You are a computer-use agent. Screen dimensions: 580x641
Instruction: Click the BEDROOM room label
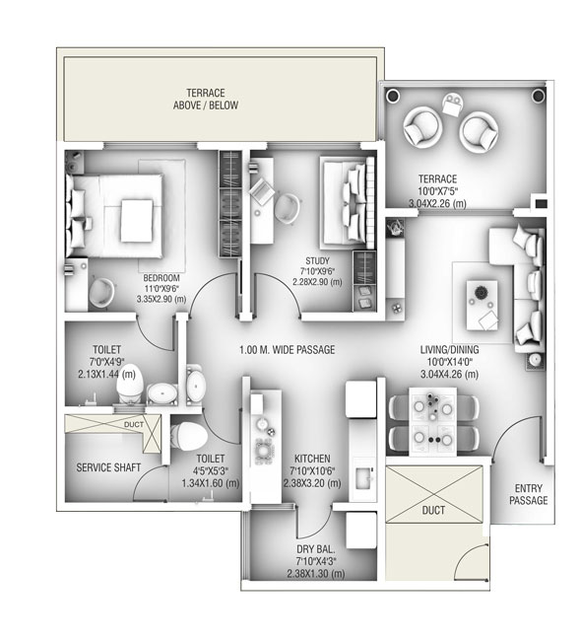[x=161, y=278]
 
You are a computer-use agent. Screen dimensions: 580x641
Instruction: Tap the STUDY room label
[x=317, y=260]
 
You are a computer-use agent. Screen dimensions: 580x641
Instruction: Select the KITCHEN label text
[x=312, y=459]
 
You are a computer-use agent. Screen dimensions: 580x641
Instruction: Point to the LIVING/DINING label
[x=449, y=349]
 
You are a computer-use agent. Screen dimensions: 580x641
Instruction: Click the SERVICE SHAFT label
[x=108, y=467]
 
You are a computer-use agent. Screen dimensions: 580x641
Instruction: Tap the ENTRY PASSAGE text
[x=528, y=494]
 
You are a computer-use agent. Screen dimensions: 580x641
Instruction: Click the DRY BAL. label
[x=316, y=549]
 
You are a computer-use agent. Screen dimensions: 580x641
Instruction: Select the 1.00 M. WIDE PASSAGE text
[x=287, y=350]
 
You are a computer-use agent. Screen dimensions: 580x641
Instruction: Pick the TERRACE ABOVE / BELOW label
[x=205, y=99]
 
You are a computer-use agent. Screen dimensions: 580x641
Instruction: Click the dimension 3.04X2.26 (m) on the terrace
[x=437, y=203]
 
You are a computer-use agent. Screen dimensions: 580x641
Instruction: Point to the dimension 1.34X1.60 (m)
[x=210, y=483]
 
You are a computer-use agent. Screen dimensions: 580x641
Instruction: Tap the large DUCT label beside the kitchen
[x=433, y=510]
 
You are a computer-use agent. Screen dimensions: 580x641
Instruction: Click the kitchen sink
[x=363, y=477]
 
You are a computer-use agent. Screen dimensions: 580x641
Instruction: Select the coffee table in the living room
[x=483, y=305]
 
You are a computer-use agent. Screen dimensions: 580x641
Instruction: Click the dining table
[x=433, y=421]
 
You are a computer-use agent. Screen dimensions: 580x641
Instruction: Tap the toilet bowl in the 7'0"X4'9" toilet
[x=130, y=385]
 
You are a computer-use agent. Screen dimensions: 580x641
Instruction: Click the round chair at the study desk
[x=287, y=209]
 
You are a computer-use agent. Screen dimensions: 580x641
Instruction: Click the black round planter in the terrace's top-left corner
[x=393, y=96]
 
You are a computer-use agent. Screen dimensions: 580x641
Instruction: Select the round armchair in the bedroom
[x=101, y=292]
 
